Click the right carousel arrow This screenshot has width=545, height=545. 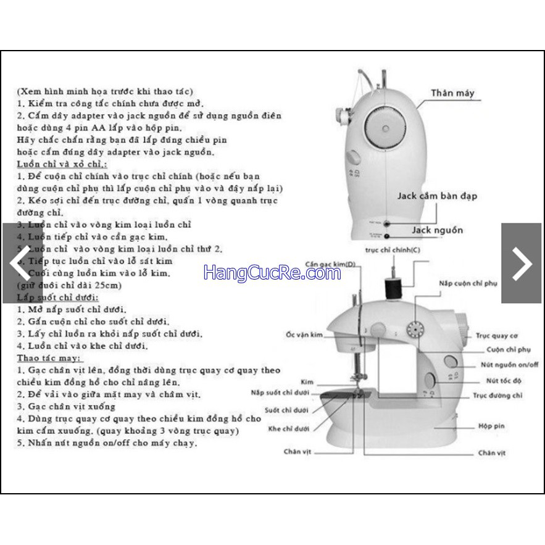pos(522,263)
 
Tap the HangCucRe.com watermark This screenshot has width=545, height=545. pos(272,272)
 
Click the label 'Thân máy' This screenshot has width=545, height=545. pos(453,93)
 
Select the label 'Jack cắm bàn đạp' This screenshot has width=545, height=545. pos(436,196)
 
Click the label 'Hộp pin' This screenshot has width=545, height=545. pos(492,426)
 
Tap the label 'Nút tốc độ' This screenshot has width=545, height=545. pos(504,381)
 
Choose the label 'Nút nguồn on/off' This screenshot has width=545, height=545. pos(509,365)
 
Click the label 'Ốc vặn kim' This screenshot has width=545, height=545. pos(304,334)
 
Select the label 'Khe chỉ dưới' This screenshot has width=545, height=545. pos(288,428)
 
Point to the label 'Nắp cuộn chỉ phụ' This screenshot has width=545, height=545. pos(468,283)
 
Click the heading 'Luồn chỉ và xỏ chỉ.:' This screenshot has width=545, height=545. pos(61,164)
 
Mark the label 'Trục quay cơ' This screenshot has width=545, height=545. pos(496,336)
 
